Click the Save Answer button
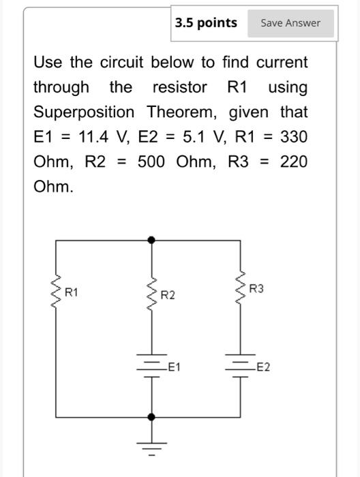click(290, 23)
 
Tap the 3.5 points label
click(206, 23)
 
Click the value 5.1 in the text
click(196, 137)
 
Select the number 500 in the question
click(151, 161)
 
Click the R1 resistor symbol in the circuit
click(56, 293)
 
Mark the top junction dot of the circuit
click(151, 240)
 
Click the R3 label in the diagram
click(256, 290)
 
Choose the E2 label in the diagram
click(262, 368)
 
